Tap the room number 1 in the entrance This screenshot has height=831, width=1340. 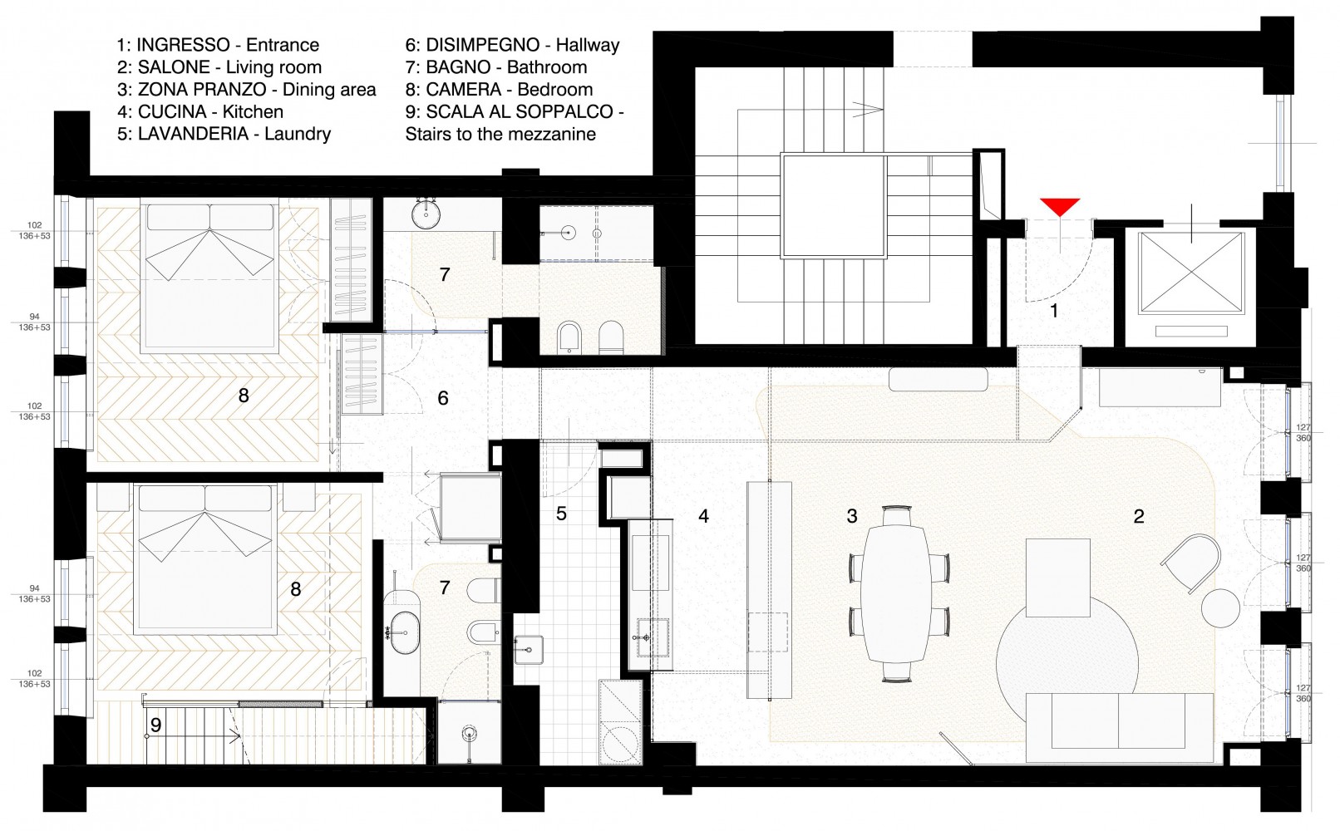coord(1054,311)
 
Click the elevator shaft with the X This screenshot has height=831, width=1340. coord(1191,272)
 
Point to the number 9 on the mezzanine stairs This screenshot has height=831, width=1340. coord(156,725)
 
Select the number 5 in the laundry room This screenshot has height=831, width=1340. coord(561,514)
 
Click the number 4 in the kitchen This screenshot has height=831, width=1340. coord(703,516)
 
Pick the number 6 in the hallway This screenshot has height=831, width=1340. coord(443,398)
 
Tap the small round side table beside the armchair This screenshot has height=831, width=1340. coord(1220,608)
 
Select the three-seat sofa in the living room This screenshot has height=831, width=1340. coord(1120,728)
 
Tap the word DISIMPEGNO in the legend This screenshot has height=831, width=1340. coord(483,45)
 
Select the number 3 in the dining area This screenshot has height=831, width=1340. coord(852,516)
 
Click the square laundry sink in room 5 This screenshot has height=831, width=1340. coord(528,650)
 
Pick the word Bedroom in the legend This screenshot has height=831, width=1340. coord(555,89)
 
